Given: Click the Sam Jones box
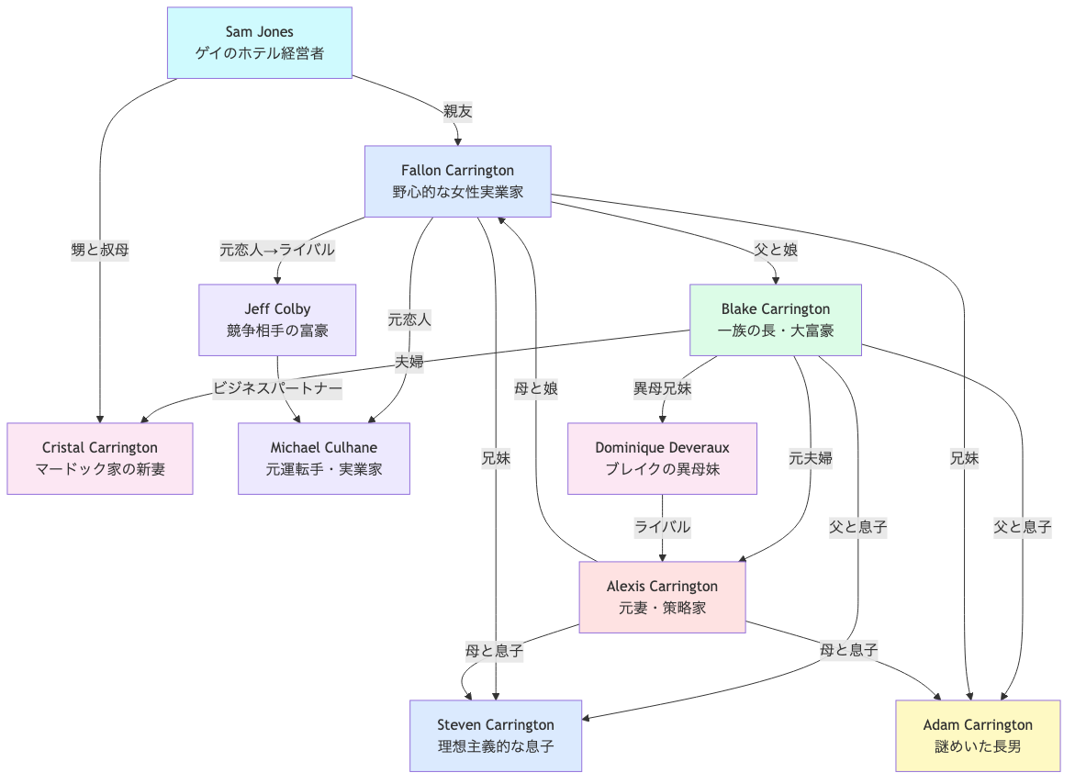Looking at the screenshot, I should pos(260,43).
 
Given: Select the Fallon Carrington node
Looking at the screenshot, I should pos(457,181).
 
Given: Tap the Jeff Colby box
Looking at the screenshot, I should pos(277,319).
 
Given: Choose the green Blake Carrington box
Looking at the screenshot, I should pos(775,319).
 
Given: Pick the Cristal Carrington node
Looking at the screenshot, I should pos(100,458).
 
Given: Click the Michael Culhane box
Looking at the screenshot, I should pos(323,458).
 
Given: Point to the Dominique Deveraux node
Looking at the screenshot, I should pos(662,458).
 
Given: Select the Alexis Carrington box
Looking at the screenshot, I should pos(662,597).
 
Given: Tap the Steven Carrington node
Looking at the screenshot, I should pos(496,735).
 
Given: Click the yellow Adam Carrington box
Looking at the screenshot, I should pos(978,735).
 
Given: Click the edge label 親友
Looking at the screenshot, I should pos(458,111).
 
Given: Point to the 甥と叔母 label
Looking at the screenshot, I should pos(100,250).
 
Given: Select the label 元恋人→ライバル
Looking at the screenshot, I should pos(277,250).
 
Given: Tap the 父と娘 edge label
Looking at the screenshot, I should pos(775,250).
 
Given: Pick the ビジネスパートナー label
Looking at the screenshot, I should pos(277,388).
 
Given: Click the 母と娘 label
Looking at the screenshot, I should pos(536,388).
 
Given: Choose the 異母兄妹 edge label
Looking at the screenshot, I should pos(662,388).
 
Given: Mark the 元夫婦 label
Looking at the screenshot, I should pos(811,458).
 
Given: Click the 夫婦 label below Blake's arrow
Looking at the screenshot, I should pos(409,362).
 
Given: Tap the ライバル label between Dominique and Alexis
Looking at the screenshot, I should pos(662,527).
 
